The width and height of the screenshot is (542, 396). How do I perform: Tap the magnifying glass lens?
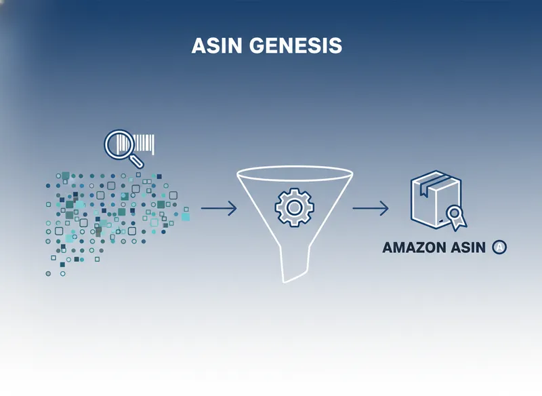(x=120, y=144)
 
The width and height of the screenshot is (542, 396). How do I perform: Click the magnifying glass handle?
(x=138, y=161)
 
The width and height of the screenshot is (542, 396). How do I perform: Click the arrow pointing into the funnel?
(x=219, y=208)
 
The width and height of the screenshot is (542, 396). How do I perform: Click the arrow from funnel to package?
(x=371, y=208)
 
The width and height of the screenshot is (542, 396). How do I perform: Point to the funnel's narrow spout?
(x=297, y=264)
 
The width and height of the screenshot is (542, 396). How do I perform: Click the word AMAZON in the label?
(x=414, y=248)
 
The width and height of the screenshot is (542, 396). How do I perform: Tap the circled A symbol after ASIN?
(x=499, y=248)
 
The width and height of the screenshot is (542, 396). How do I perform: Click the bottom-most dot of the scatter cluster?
(x=48, y=274)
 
